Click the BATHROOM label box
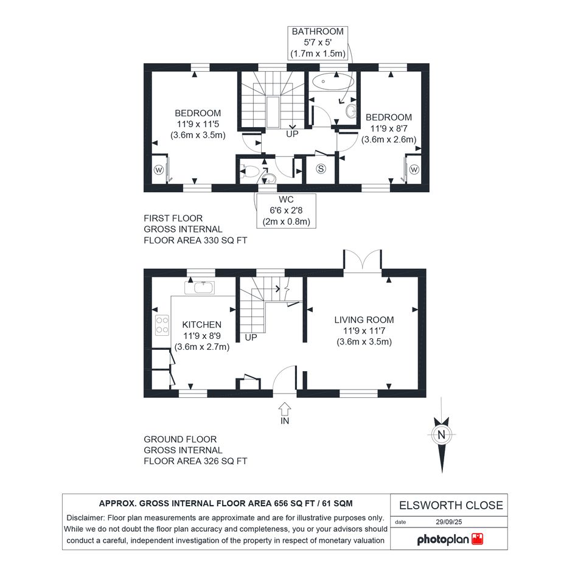(318, 43)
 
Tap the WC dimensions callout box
(286, 211)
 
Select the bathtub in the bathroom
(333, 81)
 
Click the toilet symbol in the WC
(249, 171)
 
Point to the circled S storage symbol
(321, 169)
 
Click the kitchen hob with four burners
(162, 326)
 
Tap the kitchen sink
(200, 288)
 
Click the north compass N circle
(442, 434)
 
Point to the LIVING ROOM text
(364, 320)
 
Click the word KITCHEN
(201, 324)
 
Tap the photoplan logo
(450, 539)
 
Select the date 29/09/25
(449, 522)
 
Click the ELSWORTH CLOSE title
(451, 505)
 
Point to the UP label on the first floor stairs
(292, 134)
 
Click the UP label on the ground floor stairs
(251, 337)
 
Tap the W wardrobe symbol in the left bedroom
(159, 170)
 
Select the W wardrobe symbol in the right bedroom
(414, 169)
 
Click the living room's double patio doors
(362, 260)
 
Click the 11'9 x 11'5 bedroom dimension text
(198, 124)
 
